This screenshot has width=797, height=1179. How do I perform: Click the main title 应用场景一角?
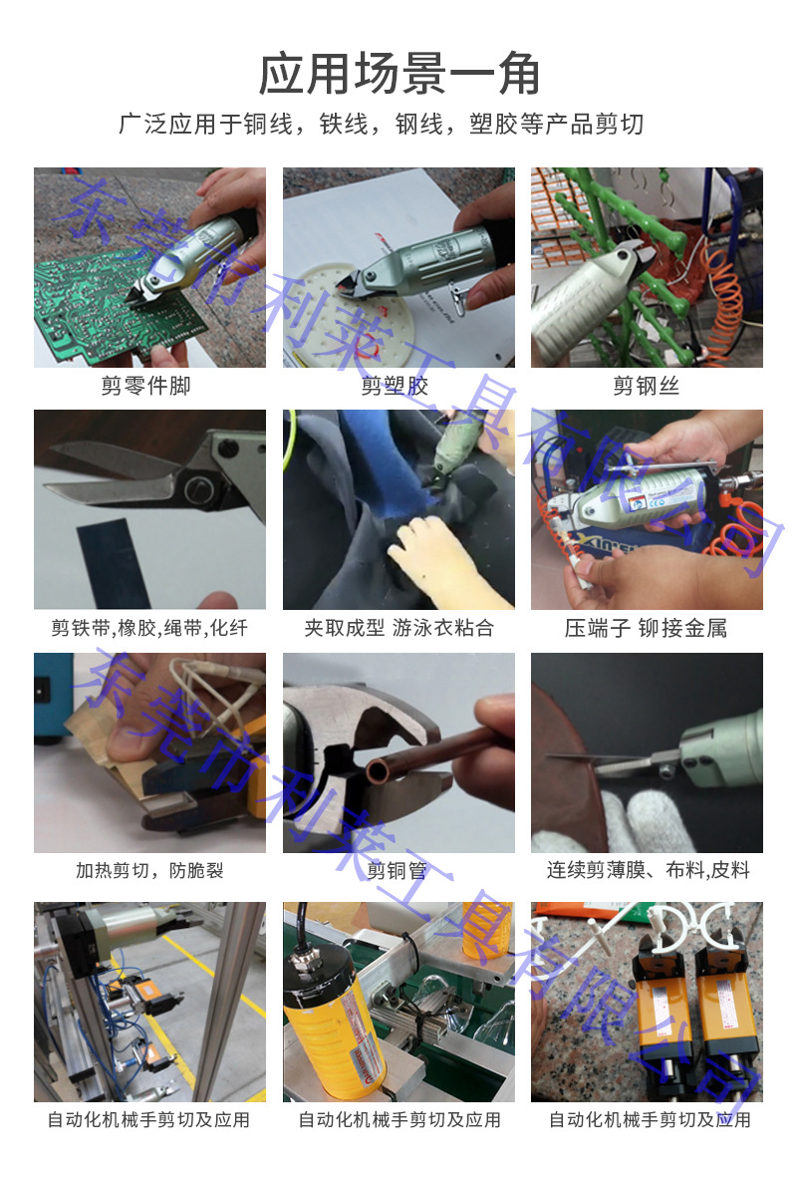point(398,75)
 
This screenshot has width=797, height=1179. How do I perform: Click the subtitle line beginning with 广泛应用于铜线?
point(382,125)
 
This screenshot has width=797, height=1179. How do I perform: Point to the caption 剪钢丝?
point(646,386)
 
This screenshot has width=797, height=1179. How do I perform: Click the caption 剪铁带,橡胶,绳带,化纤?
point(149,628)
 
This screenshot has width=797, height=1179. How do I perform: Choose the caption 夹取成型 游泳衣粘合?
point(398,628)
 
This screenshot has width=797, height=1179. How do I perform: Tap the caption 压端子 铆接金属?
point(646,628)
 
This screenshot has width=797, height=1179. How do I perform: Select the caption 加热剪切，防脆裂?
point(149,870)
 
